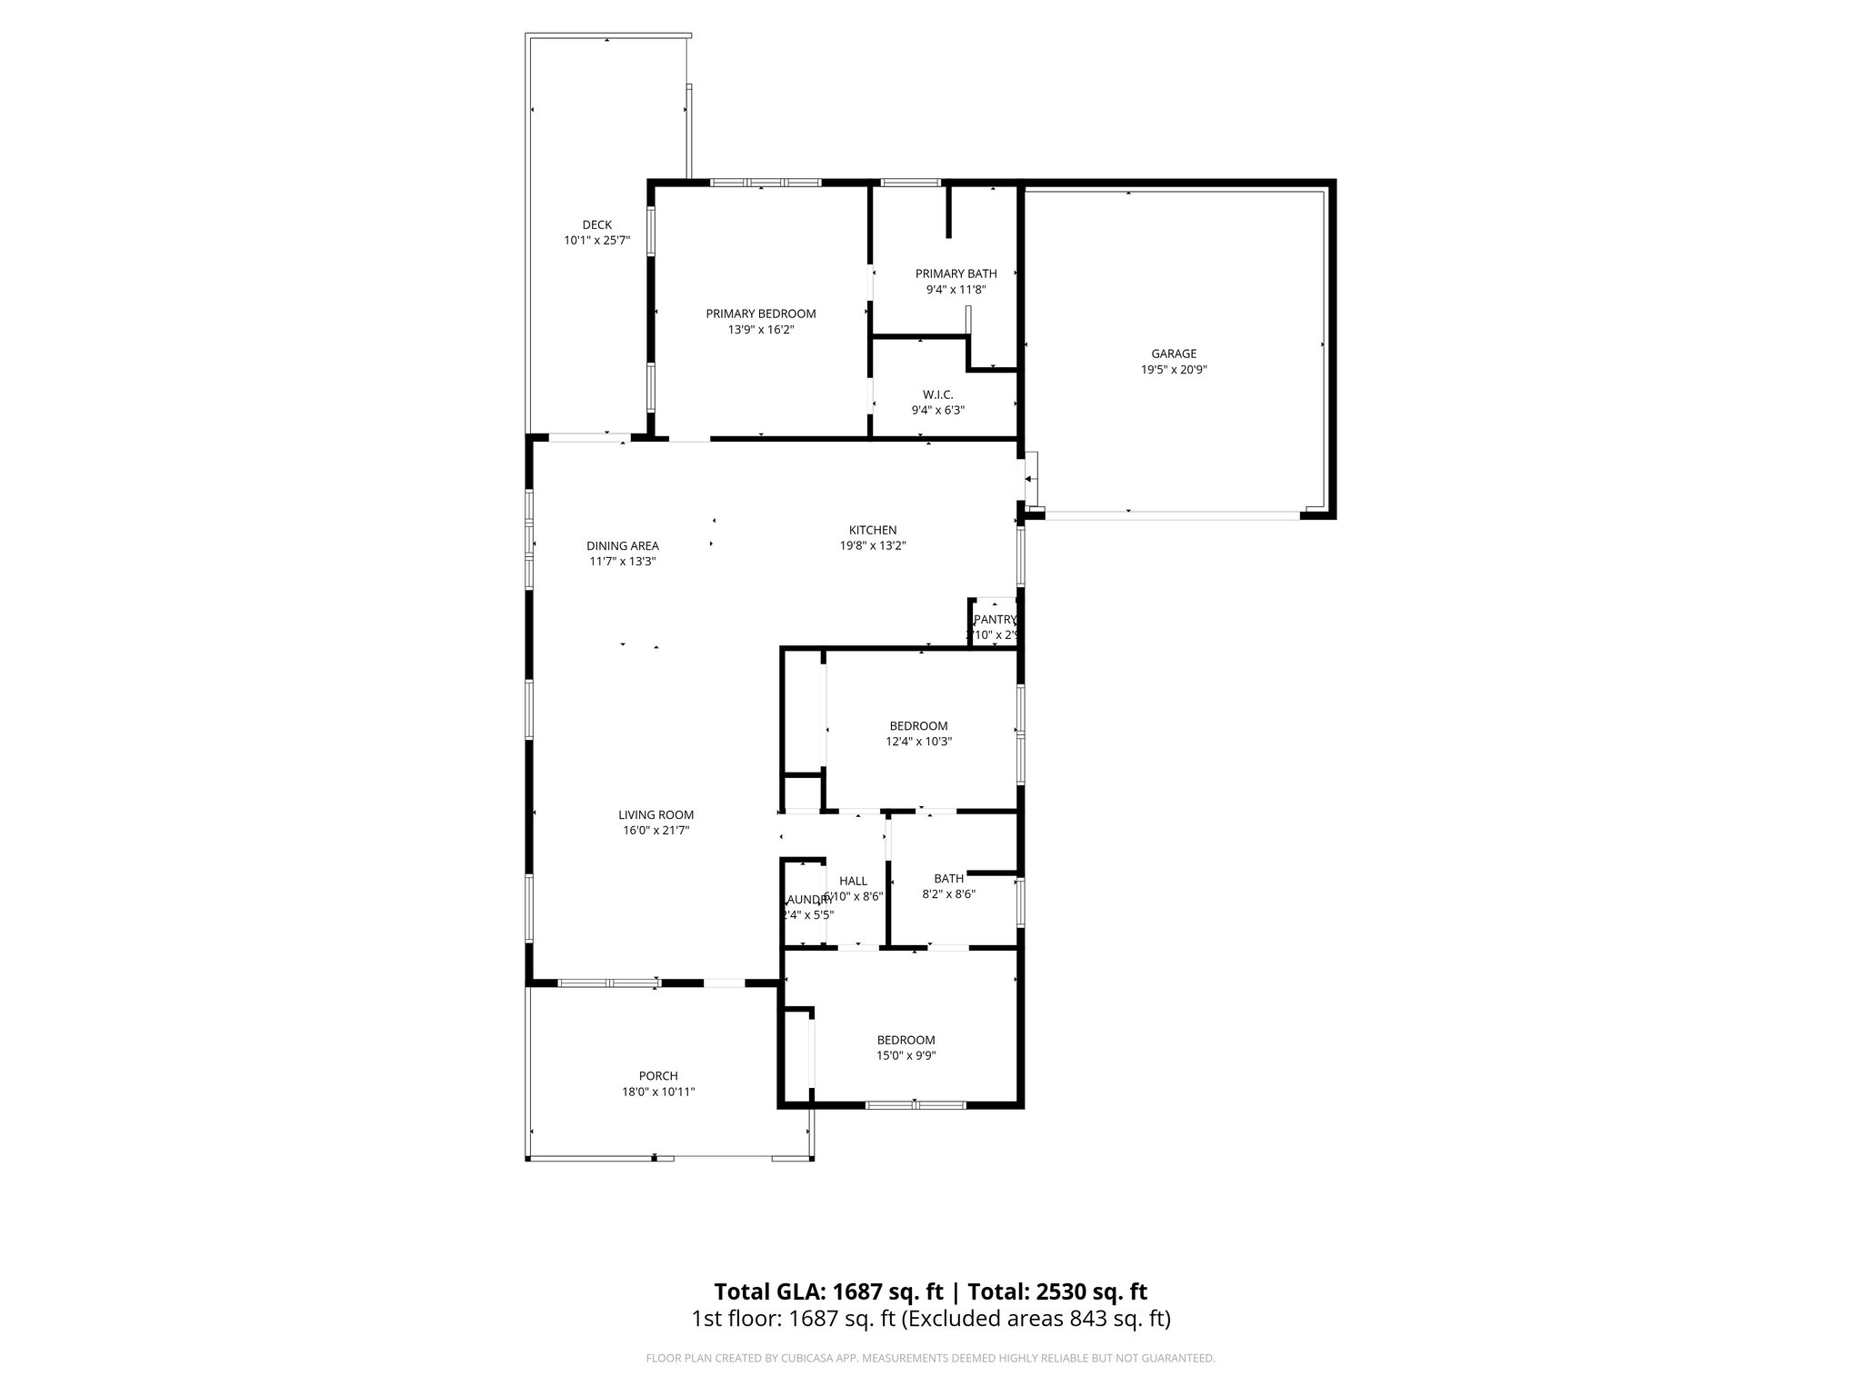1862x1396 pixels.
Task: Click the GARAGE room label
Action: coord(1173,354)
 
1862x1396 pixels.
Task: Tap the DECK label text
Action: coord(596,224)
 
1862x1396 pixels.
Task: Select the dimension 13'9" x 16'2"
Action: coord(760,330)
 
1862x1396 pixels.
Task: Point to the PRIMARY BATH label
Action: coord(956,274)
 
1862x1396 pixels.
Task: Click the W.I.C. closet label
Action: coord(937,394)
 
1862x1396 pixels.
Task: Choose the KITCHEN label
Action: coord(872,530)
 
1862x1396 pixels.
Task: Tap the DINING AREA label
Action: coord(622,545)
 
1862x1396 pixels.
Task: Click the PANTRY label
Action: coord(993,619)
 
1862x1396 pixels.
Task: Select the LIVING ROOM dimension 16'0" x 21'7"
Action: coord(656,831)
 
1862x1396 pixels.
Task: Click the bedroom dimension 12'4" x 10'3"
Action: coord(918,742)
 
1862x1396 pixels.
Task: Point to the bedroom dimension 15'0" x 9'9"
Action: coord(906,1056)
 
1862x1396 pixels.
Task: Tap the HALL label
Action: coord(853,881)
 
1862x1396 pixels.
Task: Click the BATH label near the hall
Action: coord(948,879)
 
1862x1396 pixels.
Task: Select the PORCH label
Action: coord(657,1076)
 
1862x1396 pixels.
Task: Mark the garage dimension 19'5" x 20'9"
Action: coord(1173,370)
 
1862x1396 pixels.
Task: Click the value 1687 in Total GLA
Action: coord(862,1291)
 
